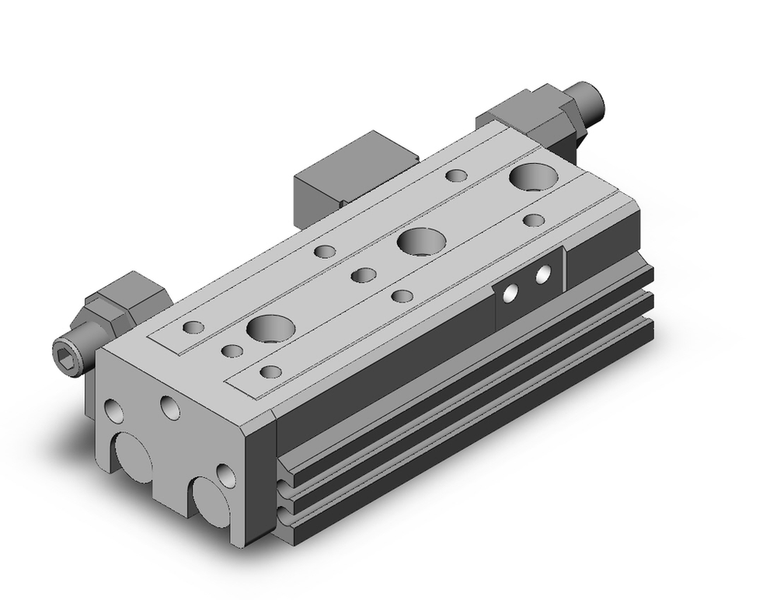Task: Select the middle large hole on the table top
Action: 418,241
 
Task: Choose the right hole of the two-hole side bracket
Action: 543,274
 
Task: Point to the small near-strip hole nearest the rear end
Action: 533,220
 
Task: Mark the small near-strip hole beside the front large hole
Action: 270,371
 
